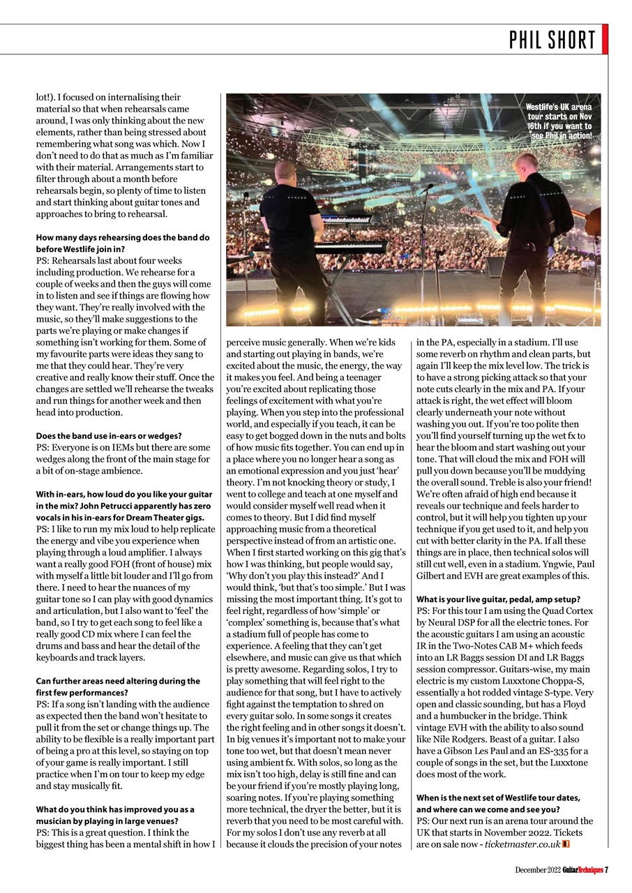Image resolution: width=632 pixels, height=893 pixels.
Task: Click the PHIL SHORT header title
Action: click(x=552, y=40)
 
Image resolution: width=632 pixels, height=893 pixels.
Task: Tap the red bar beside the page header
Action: click(x=605, y=39)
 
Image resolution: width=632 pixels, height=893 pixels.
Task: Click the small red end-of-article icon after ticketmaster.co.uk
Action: click(x=566, y=844)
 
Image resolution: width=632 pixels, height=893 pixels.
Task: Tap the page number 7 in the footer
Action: click(x=606, y=869)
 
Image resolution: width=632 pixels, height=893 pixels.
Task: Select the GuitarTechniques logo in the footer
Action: click(x=582, y=869)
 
